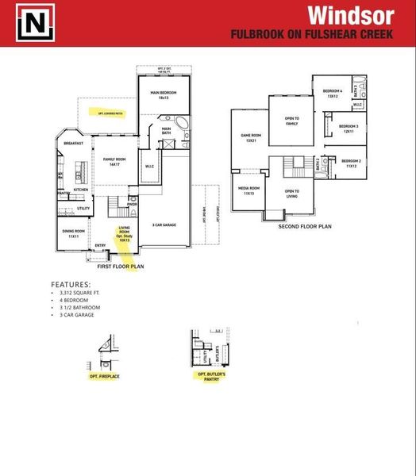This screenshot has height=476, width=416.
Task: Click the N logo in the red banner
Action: coord(35,24)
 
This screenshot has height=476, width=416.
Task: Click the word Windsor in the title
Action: coord(349,15)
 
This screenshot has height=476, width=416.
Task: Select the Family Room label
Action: coord(115,162)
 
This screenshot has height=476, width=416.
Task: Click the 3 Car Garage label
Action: coord(164,225)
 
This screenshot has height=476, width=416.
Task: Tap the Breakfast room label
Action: coord(74,144)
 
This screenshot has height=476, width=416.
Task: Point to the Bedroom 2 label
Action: coord(351,163)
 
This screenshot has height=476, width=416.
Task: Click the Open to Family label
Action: coord(291,121)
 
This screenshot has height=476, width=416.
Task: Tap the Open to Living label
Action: coord(291,193)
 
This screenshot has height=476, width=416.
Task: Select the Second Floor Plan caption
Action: coord(304,226)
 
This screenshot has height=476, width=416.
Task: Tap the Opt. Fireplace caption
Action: coord(103,375)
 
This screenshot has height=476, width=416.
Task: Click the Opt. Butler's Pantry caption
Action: coord(211,375)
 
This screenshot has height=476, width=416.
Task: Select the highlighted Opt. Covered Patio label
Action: coord(110,113)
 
